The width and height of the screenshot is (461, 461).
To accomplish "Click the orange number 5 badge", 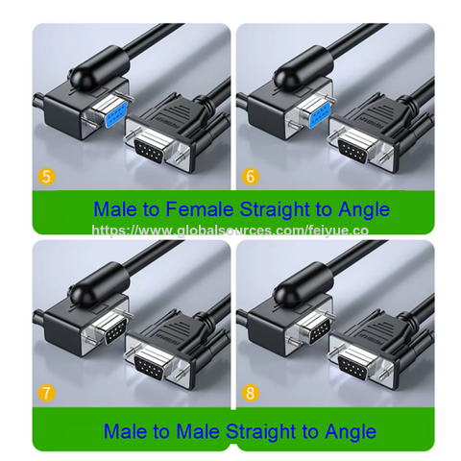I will click(44, 177).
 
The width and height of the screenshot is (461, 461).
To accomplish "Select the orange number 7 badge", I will click(44, 394).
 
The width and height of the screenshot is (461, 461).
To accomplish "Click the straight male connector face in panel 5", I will click(154, 150).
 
